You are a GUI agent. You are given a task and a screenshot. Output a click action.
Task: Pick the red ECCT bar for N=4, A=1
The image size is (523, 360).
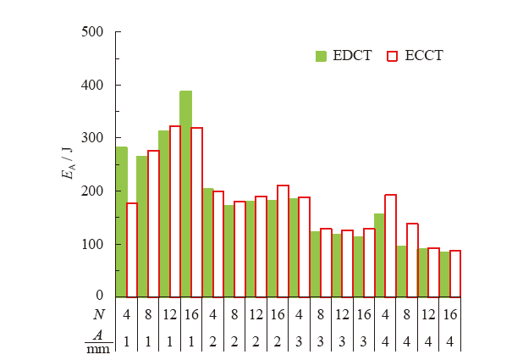point(132,250)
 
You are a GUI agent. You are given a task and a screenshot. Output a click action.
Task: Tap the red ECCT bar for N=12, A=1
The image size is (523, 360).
point(175,212)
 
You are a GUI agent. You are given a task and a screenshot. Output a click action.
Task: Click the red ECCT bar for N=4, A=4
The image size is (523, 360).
point(391,246)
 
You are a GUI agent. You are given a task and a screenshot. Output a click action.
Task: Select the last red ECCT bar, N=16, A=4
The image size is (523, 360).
point(455,274)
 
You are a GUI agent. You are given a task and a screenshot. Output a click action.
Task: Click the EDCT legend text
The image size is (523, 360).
point(352,56)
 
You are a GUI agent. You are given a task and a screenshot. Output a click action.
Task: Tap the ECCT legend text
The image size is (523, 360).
point(424,56)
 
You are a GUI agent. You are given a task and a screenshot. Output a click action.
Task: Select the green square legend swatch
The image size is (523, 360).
point(321,56)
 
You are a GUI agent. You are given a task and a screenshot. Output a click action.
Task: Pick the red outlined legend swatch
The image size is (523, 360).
point(392,56)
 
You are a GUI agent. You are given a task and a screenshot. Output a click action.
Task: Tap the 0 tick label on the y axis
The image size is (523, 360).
point(99,296)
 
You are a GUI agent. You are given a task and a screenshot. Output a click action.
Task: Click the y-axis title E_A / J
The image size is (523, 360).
point(67,163)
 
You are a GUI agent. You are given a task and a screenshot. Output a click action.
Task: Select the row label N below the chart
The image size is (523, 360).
point(99,315)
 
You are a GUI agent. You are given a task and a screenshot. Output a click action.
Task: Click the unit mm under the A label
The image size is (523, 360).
point(98,348)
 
